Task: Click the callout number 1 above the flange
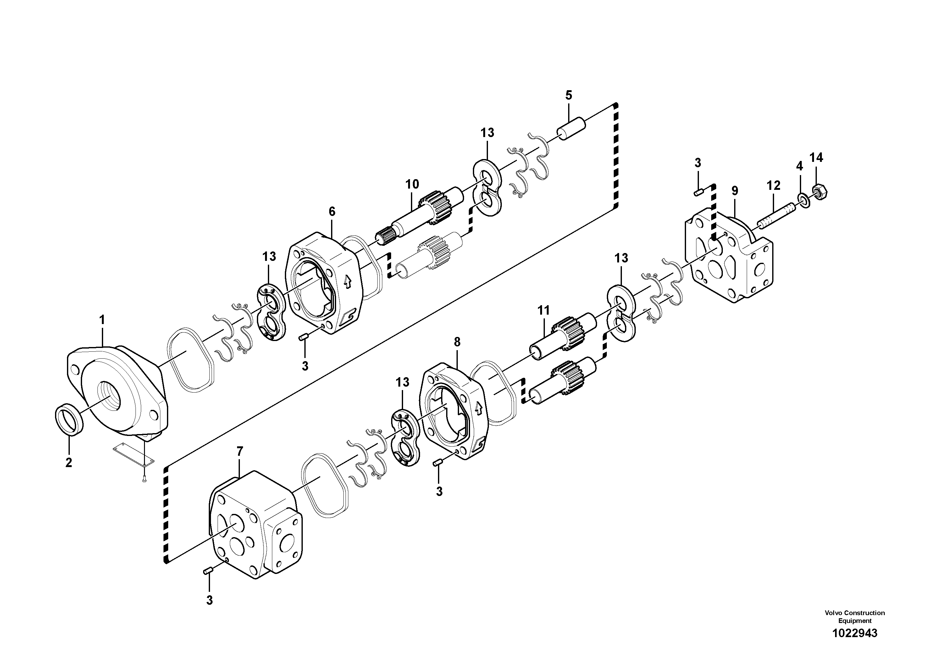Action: (x=102, y=320)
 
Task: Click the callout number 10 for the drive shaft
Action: (x=412, y=184)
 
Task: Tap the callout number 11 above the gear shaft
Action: (x=543, y=311)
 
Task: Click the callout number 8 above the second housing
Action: (x=457, y=342)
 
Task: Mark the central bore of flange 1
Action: (x=109, y=396)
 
